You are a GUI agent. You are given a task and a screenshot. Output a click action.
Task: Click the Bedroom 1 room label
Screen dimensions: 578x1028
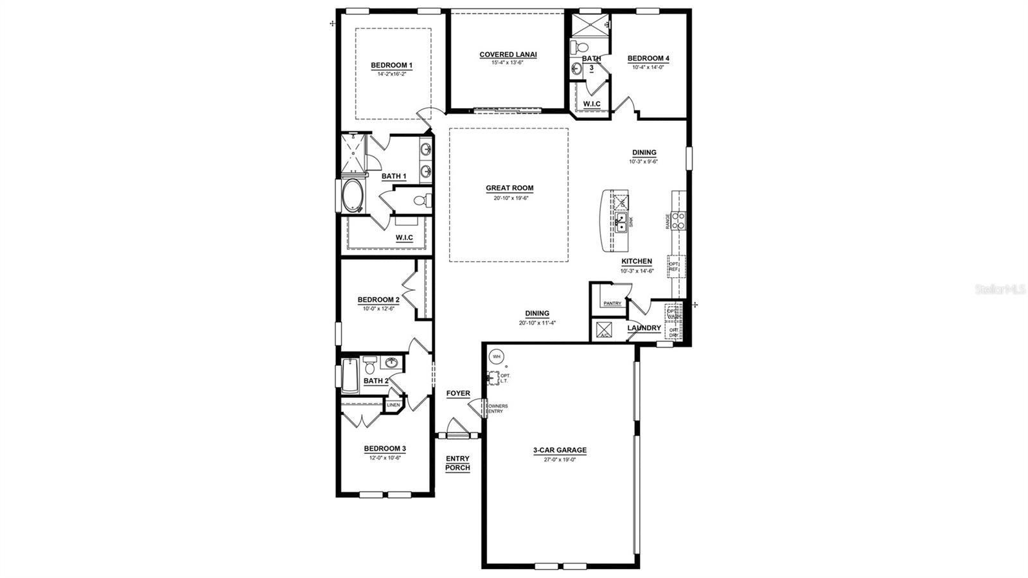[x=391, y=65]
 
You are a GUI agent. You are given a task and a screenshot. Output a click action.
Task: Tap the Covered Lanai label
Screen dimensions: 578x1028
[x=508, y=55]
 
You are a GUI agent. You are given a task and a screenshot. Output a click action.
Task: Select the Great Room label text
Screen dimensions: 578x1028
[x=509, y=188]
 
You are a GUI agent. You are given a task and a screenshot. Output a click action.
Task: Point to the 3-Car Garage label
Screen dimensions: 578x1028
[x=559, y=451]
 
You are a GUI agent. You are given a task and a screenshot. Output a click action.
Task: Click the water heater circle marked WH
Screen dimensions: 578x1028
[x=497, y=356]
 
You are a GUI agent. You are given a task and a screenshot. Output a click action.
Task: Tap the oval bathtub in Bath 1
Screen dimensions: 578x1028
[x=353, y=196]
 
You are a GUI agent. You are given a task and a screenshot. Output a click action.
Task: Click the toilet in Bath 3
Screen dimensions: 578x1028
[x=580, y=47]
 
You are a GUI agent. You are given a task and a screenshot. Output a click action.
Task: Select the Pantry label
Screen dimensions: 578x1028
[x=612, y=303]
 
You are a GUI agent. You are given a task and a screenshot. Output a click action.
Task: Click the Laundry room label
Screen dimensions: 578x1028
[x=644, y=328]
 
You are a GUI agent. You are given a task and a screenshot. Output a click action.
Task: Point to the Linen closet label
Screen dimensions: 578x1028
[x=393, y=405]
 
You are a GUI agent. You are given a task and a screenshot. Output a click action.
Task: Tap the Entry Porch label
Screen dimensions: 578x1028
[x=457, y=463]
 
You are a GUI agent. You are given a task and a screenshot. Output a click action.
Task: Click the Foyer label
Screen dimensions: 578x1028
[x=458, y=393]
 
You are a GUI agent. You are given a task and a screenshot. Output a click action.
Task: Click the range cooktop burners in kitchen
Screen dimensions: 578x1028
[x=679, y=221]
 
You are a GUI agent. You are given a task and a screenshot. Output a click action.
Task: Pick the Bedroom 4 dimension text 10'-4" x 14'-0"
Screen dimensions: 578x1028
[x=648, y=67]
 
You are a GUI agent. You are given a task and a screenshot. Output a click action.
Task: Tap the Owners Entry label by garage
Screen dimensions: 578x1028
[x=497, y=409]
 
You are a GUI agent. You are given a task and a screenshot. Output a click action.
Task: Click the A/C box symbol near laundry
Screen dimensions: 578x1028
[x=604, y=330]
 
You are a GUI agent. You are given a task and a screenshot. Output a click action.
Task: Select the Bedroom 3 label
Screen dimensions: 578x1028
[x=385, y=449]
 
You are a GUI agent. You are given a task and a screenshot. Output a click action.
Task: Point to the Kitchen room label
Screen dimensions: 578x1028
[x=636, y=262]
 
